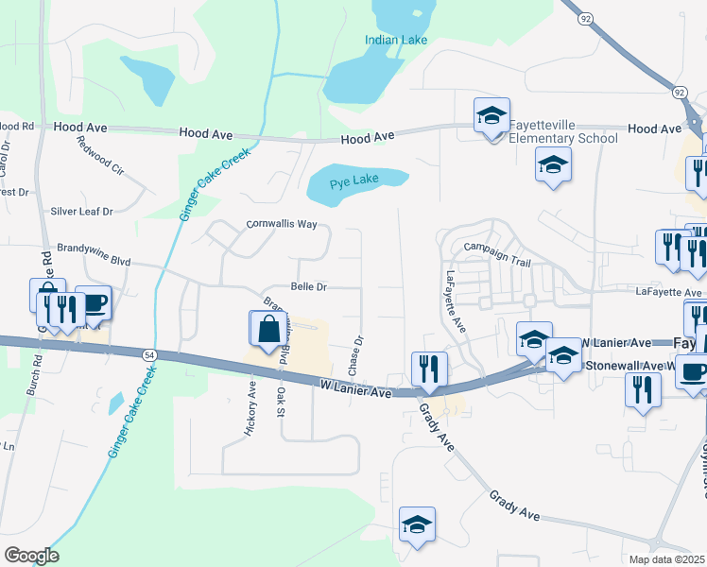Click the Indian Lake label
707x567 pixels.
point(397,40)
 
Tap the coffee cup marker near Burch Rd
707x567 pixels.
point(94,304)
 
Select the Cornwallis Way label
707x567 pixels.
point(282,224)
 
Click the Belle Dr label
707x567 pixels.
point(308,286)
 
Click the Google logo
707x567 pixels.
point(31,556)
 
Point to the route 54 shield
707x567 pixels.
point(149,353)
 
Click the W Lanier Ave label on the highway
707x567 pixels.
point(355,387)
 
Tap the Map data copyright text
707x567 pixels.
point(667,559)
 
